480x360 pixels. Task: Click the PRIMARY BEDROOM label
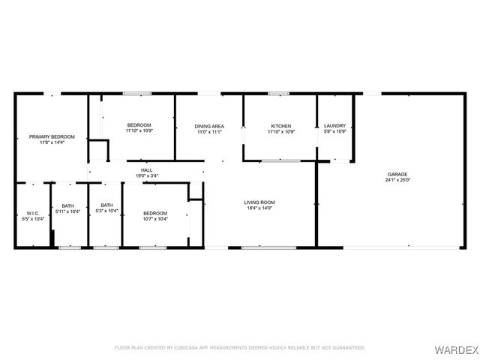[52, 136]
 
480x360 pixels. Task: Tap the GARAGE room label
[397, 174]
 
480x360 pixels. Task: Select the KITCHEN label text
[281, 126]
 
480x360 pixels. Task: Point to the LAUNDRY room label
[335, 126]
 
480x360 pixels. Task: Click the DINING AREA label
[209, 126]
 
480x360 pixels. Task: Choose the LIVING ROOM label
[260, 202]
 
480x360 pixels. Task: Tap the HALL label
[146, 170]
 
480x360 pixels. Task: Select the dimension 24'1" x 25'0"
[397, 180]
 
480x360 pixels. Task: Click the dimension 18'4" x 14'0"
[260, 208]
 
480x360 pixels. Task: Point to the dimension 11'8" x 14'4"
[52, 142]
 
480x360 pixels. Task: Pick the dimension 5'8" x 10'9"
[335, 132]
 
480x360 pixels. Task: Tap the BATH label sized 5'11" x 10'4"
[68, 205]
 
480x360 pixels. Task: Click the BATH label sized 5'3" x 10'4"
[107, 205]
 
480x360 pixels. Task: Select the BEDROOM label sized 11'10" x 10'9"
[139, 124]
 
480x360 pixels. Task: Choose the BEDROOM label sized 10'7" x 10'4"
[155, 213]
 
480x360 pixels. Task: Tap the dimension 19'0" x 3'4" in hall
[146, 176]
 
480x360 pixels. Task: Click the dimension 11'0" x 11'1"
[209, 132]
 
